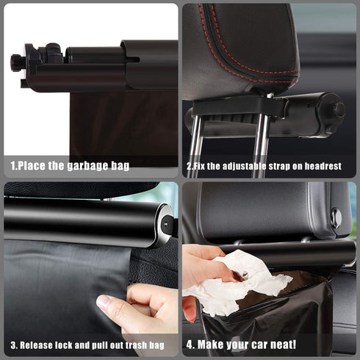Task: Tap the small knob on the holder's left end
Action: tap(16, 62)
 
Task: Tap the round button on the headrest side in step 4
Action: tap(336, 217)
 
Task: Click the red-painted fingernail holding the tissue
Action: tap(237, 276)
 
